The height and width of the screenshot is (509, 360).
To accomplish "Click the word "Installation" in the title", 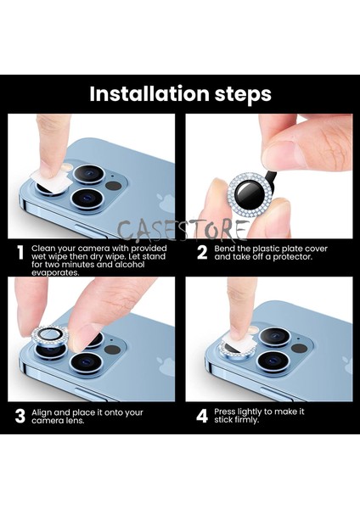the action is pyautogui.click(x=149, y=93).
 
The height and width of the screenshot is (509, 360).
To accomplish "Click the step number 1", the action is pyautogui.click(x=20, y=253).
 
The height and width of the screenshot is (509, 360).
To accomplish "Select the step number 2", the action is pyautogui.click(x=202, y=253).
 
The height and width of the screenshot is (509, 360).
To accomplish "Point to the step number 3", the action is pyautogui.click(x=20, y=417).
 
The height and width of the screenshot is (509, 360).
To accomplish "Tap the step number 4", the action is pyautogui.click(x=202, y=417).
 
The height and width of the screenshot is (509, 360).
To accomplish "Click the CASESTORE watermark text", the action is pyautogui.click(x=182, y=230).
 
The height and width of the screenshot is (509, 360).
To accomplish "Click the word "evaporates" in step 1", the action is pyautogui.click(x=55, y=272).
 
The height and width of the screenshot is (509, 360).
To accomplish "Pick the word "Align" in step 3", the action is pyautogui.click(x=42, y=412).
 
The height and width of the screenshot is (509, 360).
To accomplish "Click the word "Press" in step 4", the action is pyautogui.click(x=224, y=411).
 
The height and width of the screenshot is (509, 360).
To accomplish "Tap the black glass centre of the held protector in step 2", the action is pyautogui.click(x=250, y=193).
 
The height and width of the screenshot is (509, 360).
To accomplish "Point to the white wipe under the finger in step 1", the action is pyautogui.click(x=51, y=182).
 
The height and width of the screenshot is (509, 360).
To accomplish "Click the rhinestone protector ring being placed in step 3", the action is pyautogui.click(x=50, y=335).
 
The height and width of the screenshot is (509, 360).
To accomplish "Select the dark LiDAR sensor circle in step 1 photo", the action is pyautogui.click(x=114, y=186).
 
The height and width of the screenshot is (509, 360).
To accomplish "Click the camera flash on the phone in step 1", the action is pyautogui.click(x=68, y=167).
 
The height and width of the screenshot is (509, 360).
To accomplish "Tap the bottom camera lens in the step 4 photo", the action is pyautogui.click(x=273, y=361).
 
